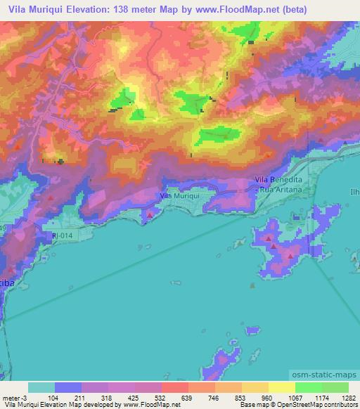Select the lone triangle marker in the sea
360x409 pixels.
pyautogui.click(x=253, y=285)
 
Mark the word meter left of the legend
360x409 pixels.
pyautogui.click(x=10, y=398)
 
